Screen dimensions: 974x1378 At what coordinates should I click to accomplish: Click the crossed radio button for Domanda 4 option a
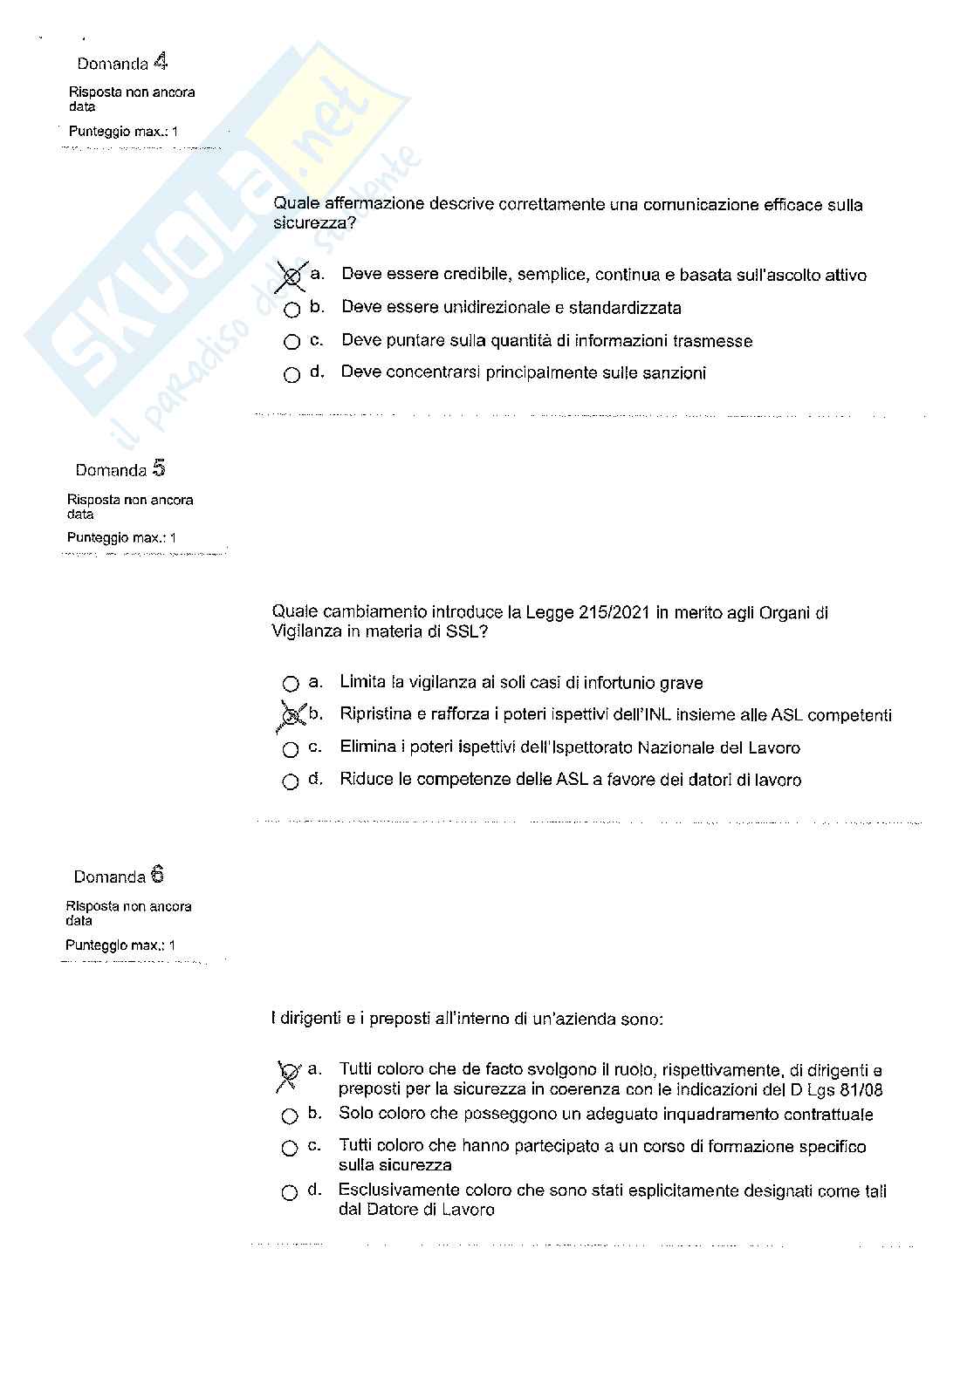292,276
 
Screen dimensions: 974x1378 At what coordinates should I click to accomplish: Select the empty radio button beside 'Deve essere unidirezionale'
292,309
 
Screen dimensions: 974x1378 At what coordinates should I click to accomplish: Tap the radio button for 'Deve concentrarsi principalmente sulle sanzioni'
292,375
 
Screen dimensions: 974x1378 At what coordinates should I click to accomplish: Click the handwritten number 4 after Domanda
161,61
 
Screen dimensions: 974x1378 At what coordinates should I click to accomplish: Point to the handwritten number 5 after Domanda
158,468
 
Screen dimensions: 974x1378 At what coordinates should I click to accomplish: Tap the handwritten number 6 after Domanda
157,875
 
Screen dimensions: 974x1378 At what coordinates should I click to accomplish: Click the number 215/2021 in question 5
613,612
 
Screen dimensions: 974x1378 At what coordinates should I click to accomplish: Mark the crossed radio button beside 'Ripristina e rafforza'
291,716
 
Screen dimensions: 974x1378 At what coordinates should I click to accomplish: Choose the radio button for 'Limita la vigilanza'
291,684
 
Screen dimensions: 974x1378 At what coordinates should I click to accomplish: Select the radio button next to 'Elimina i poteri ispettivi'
291,749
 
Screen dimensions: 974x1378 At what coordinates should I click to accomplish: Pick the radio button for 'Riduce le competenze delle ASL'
291,781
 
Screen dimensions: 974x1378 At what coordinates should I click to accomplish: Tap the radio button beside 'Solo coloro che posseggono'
290,1115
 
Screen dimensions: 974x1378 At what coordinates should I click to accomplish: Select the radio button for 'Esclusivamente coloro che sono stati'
290,1192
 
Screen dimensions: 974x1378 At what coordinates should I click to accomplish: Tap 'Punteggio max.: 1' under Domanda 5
121,538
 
